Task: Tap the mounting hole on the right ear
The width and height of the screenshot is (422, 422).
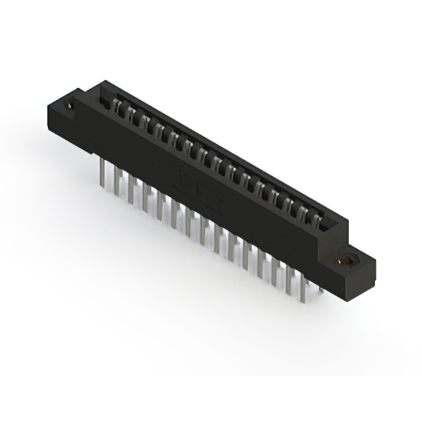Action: click(x=344, y=261)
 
